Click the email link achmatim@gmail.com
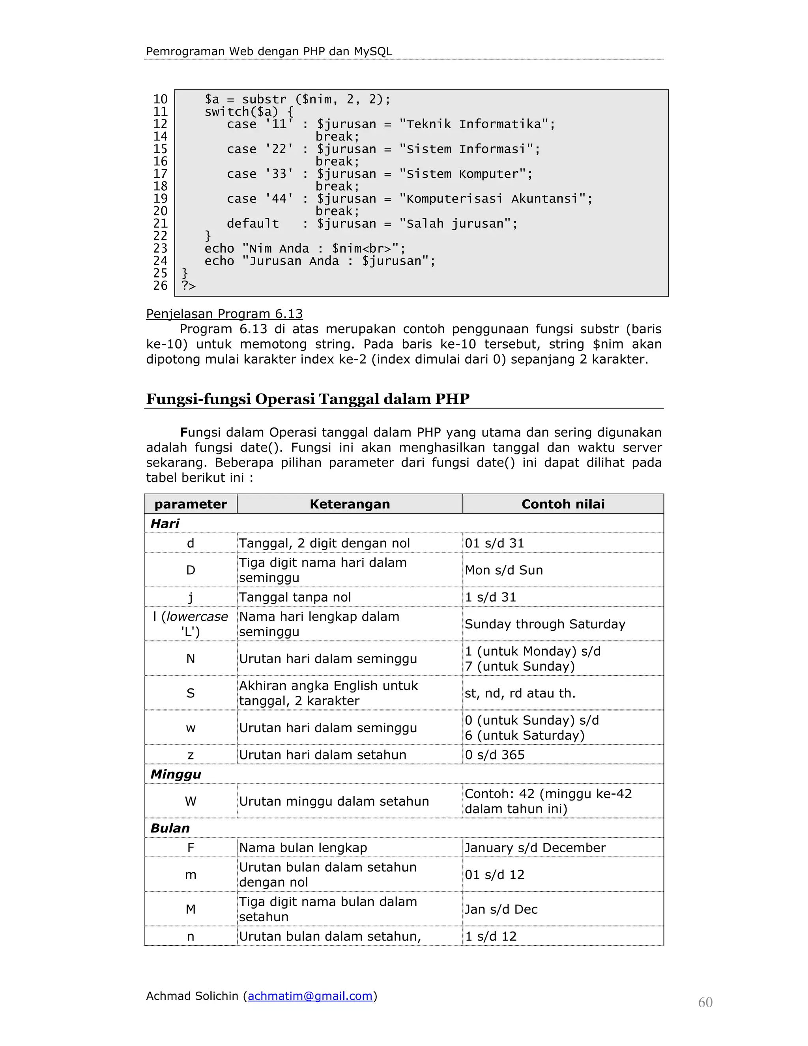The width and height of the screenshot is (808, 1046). tap(310, 996)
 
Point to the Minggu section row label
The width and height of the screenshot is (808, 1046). tap(176, 774)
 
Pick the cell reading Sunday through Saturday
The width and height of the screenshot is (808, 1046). tap(545, 624)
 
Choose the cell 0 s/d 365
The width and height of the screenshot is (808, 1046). tap(494, 755)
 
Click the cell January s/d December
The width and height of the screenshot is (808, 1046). tap(535, 848)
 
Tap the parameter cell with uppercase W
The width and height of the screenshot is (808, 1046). tap(191, 801)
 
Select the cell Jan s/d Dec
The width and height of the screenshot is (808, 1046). tap(501, 909)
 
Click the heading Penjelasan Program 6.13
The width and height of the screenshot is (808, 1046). tap(224, 314)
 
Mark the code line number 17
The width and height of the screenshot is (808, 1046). tap(160, 174)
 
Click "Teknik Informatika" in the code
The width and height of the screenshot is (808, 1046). tap(476, 124)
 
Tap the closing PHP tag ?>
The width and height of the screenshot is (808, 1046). tap(189, 286)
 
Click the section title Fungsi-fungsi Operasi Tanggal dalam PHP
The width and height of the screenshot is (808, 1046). tap(307, 399)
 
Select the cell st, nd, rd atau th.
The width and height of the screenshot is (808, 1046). tap(520, 693)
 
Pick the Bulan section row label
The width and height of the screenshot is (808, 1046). tap(170, 828)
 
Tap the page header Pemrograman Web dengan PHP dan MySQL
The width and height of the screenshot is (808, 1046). tap(269, 51)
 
